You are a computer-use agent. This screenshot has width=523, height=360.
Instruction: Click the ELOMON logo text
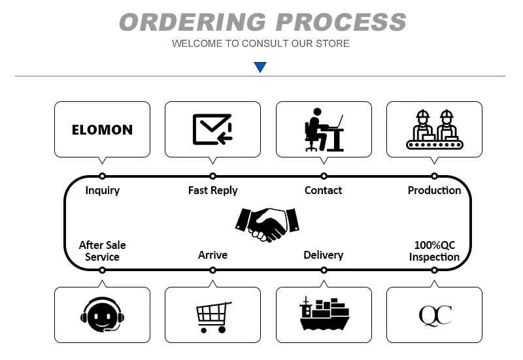(102, 129)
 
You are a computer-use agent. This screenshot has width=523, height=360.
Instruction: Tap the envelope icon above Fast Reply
(212, 129)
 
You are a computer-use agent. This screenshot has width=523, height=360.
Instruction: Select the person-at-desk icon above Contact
(324, 129)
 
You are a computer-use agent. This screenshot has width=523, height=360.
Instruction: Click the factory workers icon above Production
(434, 129)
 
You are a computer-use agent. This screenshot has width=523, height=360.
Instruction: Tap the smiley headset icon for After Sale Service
(102, 315)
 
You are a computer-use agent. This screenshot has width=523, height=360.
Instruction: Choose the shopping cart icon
(213, 316)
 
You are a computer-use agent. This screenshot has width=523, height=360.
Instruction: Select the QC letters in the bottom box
(435, 315)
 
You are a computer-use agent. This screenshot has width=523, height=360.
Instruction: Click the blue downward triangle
(260, 67)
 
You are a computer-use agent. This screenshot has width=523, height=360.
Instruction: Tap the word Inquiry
(103, 190)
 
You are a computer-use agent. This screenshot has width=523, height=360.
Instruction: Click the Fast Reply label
(212, 190)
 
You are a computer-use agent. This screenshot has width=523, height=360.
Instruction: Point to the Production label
(434, 190)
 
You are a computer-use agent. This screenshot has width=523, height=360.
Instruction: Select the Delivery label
(323, 255)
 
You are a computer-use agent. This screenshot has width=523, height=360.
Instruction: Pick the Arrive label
(212, 255)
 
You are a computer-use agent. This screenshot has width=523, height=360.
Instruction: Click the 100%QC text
(435, 245)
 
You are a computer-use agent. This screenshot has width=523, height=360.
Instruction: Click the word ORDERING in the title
(192, 22)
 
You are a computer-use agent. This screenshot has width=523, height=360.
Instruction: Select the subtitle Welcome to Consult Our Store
(260, 44)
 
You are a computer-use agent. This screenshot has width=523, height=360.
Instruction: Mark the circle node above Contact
(324, 176)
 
